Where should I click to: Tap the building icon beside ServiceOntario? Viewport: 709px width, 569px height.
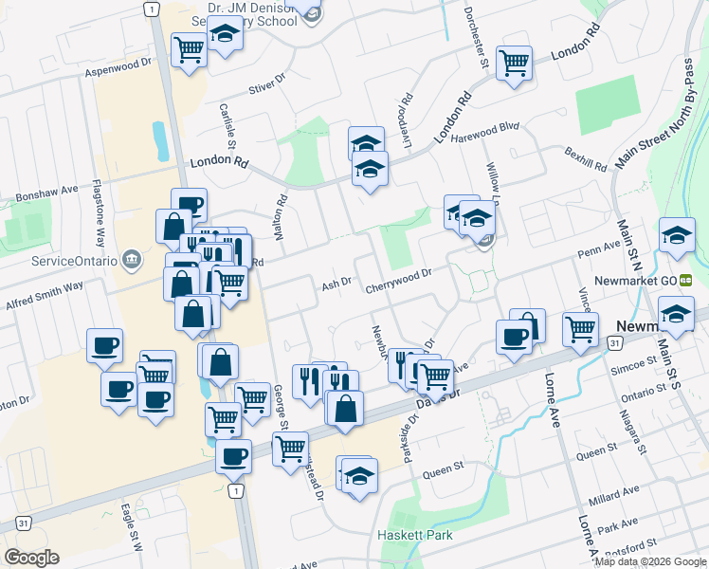(x=132, y=259)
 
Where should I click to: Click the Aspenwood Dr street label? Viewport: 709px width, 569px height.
(x=118, y=66)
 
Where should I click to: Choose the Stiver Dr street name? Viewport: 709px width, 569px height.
(x=266, y=86)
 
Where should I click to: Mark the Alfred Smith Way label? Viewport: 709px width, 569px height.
(x=45, y=285)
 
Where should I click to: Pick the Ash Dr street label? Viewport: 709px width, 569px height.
(x=336, y=284)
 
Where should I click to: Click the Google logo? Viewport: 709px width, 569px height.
(x=31, y=558)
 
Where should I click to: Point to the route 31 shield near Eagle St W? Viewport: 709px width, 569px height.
(x=22, y=523)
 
